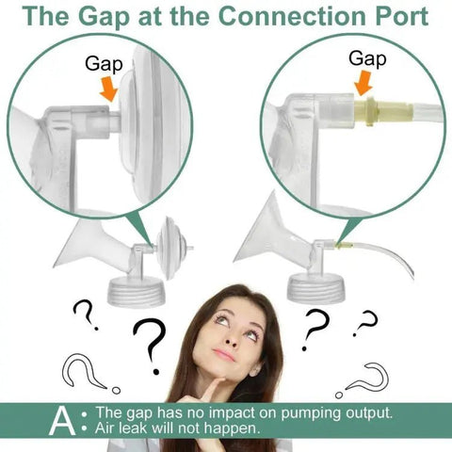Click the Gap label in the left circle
[104, 64]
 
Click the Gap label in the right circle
[367, 59]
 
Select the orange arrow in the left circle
[108, 89]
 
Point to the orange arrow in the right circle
[363, 83]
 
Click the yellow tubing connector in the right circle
[384, 111]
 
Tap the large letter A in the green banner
[62, 421]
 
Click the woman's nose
[233, 336]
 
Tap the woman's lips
[223, 355]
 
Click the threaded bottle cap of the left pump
[137, 292]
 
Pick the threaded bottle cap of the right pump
[316, 288]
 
